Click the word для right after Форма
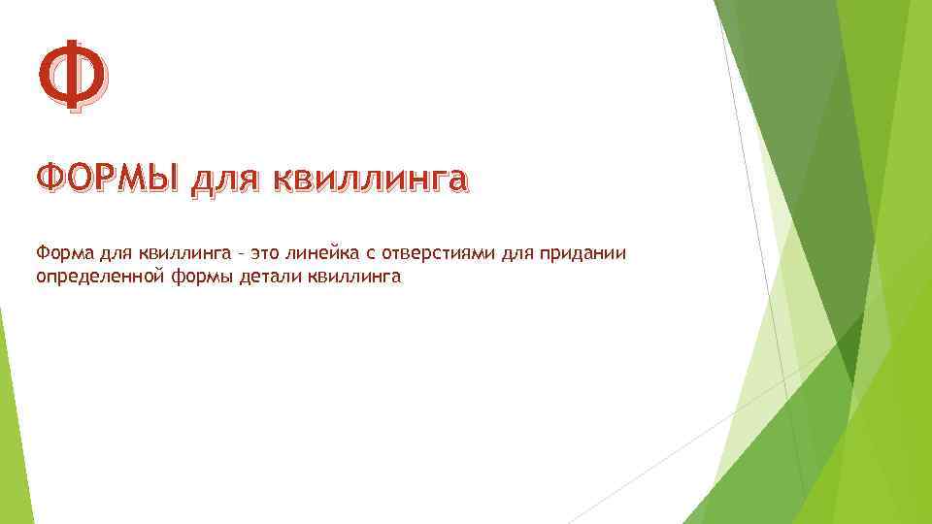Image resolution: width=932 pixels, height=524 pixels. click(116, 254)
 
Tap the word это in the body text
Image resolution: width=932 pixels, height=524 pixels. click(267, 254)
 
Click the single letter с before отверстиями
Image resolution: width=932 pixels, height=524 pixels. click(372, 255)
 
